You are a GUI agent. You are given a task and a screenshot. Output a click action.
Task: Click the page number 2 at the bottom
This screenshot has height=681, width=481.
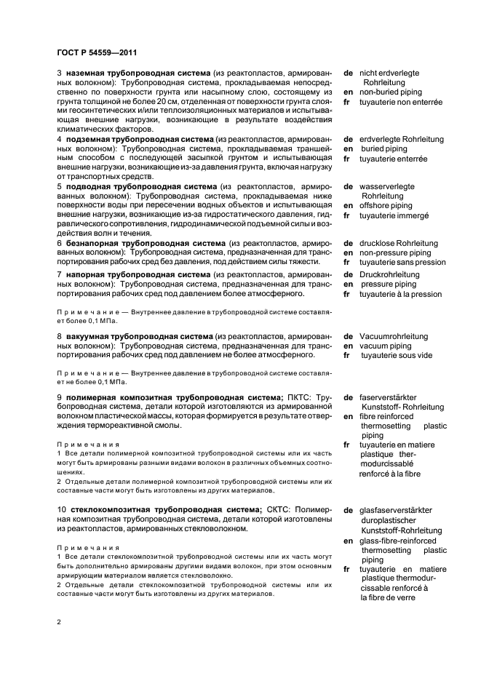pos(59,623)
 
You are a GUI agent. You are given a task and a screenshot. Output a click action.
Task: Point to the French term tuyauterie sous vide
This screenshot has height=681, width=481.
pos(396,355)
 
